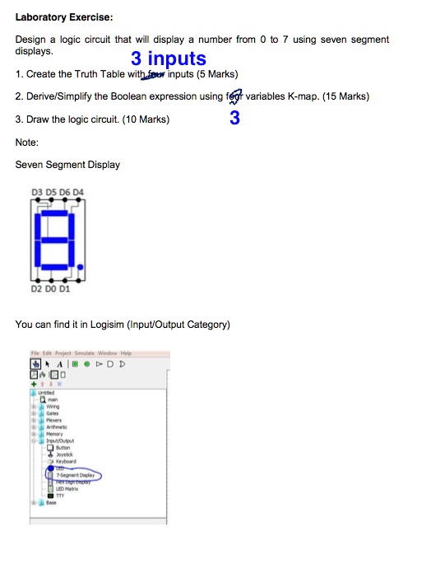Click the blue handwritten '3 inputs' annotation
(168, 58)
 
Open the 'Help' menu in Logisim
(123, 352)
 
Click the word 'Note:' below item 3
(27, 143)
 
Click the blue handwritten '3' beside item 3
(234, 119)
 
